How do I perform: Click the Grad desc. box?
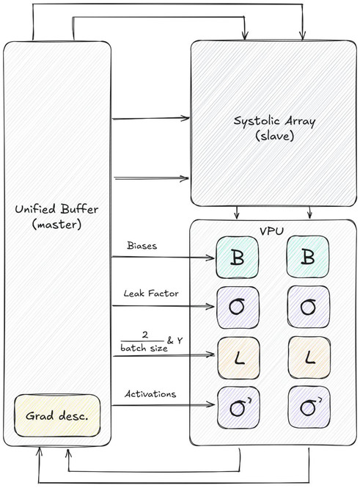(57, 415)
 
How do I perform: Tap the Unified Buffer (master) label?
(56, 216)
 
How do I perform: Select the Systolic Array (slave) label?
(274, 128)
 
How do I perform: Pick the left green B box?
(238, 257)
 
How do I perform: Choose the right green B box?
(308, 257)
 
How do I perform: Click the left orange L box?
(238, 358)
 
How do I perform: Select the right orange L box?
(309, 358)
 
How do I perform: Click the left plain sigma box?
(238, 307)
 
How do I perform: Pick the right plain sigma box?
(309, 307)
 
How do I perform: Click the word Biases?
(142, 246)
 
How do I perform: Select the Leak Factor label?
(151, 294)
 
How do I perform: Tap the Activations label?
(150, 394)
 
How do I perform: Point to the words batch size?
(144, 348)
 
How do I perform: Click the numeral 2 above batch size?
(145, 335)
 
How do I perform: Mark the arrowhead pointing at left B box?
(211, 258)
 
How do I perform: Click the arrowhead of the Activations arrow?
(211, 404)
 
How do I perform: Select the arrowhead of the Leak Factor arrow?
(210, 307)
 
